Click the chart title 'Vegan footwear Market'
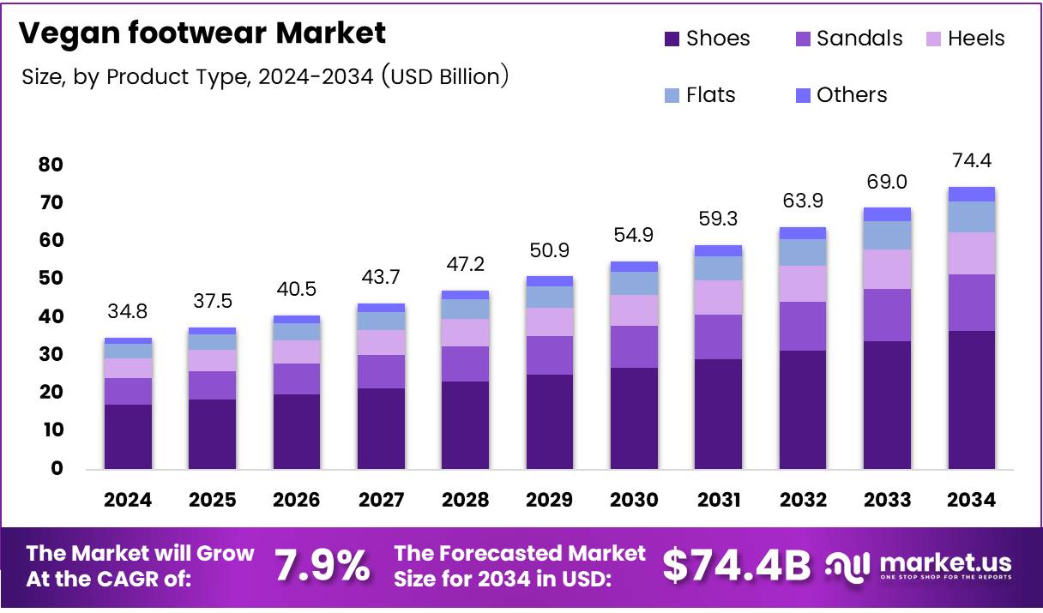pyautogui.click(x=202, y=33)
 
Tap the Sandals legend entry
pyautogui.click(x=849, y=39)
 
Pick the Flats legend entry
pyautogui.click(x=700, y=95)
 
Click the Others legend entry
pyautogui.click(x=841, y=95)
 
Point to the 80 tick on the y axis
pyautogui.click(x=51, y=165)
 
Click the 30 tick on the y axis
pyautogui.click(x=51, y=354)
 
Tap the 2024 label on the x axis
pyautogui.click(x=128, y=500)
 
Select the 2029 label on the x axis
pyautogui.click(x=550, y=500)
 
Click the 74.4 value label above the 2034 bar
pyautogui.click(x=972, y=161)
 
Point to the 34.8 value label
pyautogui.click(x=128, y=312)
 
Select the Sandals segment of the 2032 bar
pyautogui.click(x=803, y=326)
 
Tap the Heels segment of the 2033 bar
pyautogui.click(x=887, y=269)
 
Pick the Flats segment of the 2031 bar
pyautogui.click(x=719, y=268)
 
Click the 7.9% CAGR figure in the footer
pyautogui.click(x=323, y=566)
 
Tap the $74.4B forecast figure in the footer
pyautogui.click(x=737, y=566)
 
